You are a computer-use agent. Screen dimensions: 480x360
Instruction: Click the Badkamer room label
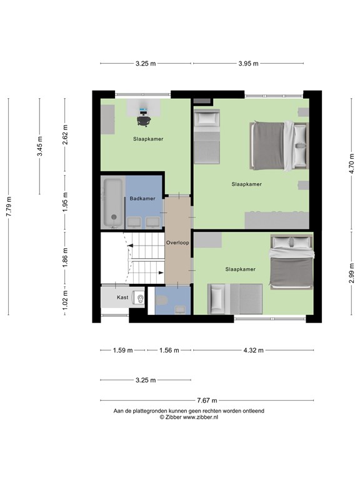(x=142, y=199)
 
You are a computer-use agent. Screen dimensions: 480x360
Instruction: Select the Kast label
(x=122, y=297)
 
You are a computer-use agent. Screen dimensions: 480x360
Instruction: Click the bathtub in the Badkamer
(x=113, y=203)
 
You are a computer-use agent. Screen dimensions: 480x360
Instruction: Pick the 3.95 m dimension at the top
(x=248, y=63)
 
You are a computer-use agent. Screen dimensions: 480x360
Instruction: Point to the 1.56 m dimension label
(x=169, y=350)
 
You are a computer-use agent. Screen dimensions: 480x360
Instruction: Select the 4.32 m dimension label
(x=253, y=350)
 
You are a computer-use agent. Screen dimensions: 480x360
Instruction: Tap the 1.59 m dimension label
(x=123, y=350)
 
